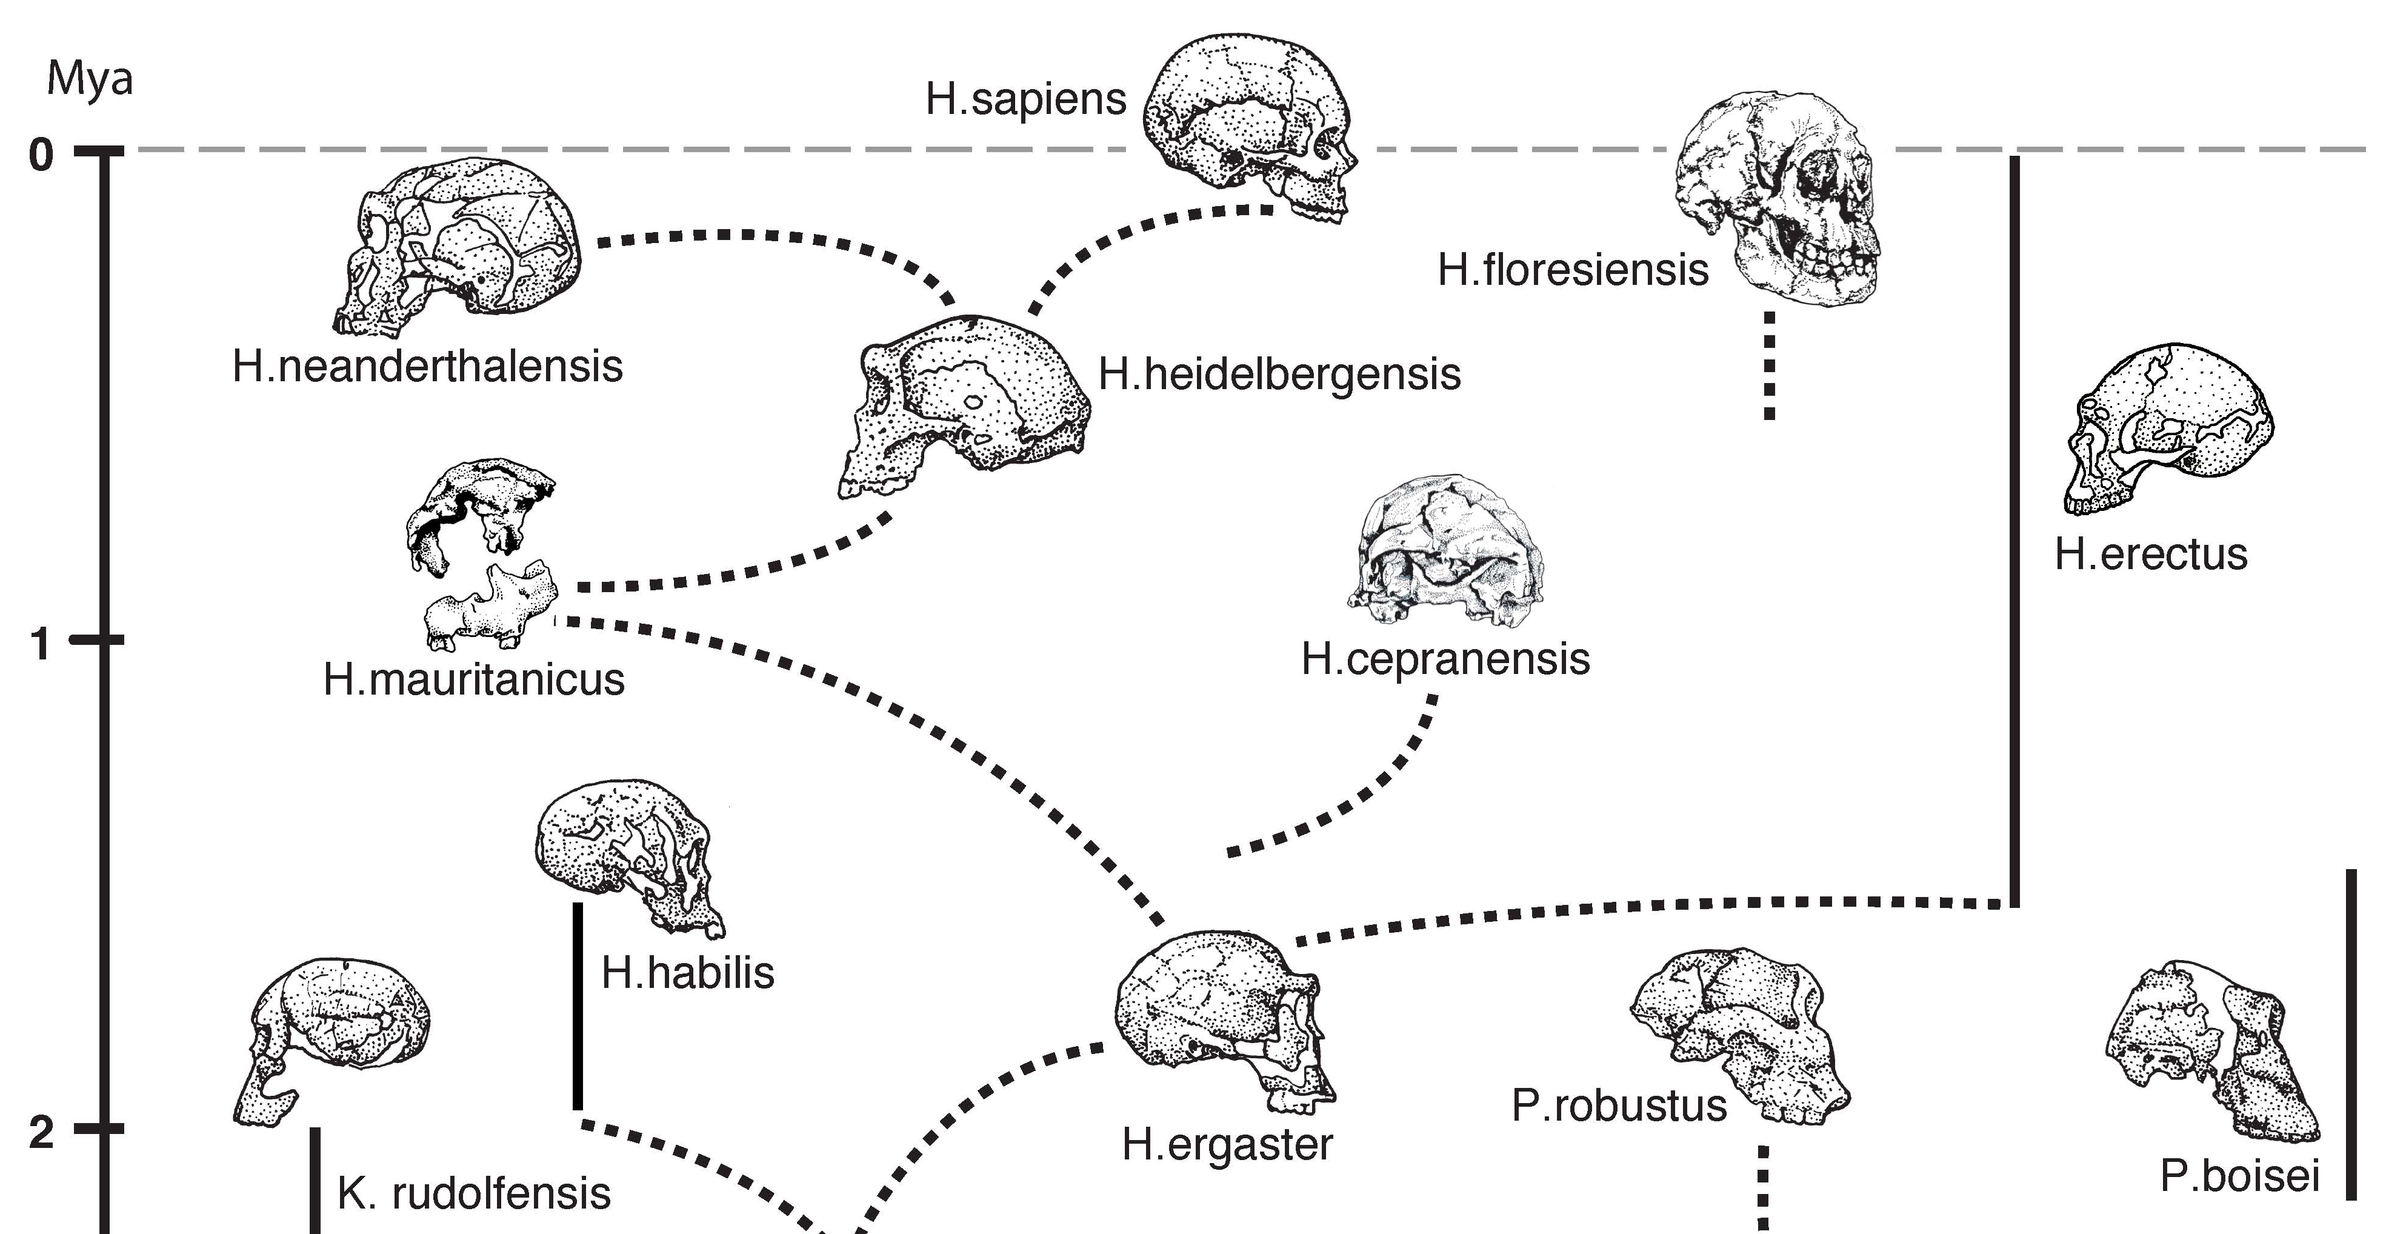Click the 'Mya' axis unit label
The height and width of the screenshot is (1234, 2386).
click(x=90, y=79)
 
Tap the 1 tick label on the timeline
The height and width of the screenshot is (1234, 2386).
click(x=41, y=644)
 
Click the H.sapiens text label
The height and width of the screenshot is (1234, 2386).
click(x=1025, y=99)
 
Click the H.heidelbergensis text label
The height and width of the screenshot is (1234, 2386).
click(x=1279, y=375)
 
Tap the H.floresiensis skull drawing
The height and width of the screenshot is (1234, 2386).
click(x=1776, y=199)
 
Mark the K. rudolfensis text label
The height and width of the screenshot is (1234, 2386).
click(x=473, y=1193)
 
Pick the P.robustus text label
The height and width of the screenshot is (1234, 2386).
click(x=1619, y=1106)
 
